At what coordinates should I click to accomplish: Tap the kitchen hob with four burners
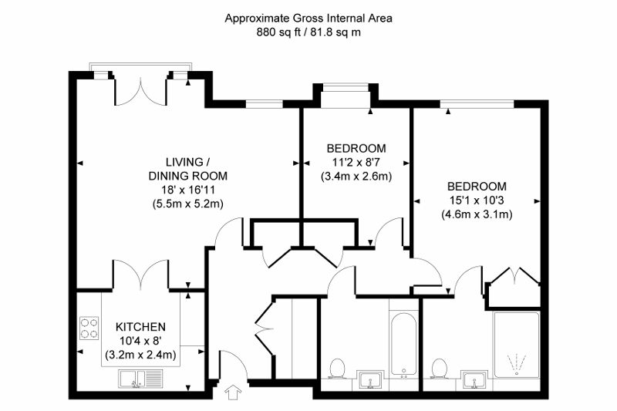tap(89, 328)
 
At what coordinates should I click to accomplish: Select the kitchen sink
tap(133, 378)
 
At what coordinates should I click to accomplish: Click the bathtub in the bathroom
tap(403, 344)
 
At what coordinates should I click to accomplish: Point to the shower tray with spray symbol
tap(516, 344)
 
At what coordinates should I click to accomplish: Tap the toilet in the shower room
tap(440, 369)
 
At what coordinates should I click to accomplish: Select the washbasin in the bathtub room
tap(370, 379)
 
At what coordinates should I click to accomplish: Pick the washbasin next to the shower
tap(473, 379)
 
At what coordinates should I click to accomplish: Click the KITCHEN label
tap(141, 327)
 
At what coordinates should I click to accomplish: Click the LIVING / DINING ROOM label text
tap(187, 169)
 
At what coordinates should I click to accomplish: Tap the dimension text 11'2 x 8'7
tap(356, 162)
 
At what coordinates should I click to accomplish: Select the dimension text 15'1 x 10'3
tap(477, 200)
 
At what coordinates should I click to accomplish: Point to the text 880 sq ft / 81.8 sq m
tap(308, 32)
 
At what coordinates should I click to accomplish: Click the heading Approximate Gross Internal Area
tap(308, 18)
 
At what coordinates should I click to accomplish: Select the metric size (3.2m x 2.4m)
tap(141, 355)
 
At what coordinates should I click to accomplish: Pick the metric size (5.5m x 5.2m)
tap(187, 204)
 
